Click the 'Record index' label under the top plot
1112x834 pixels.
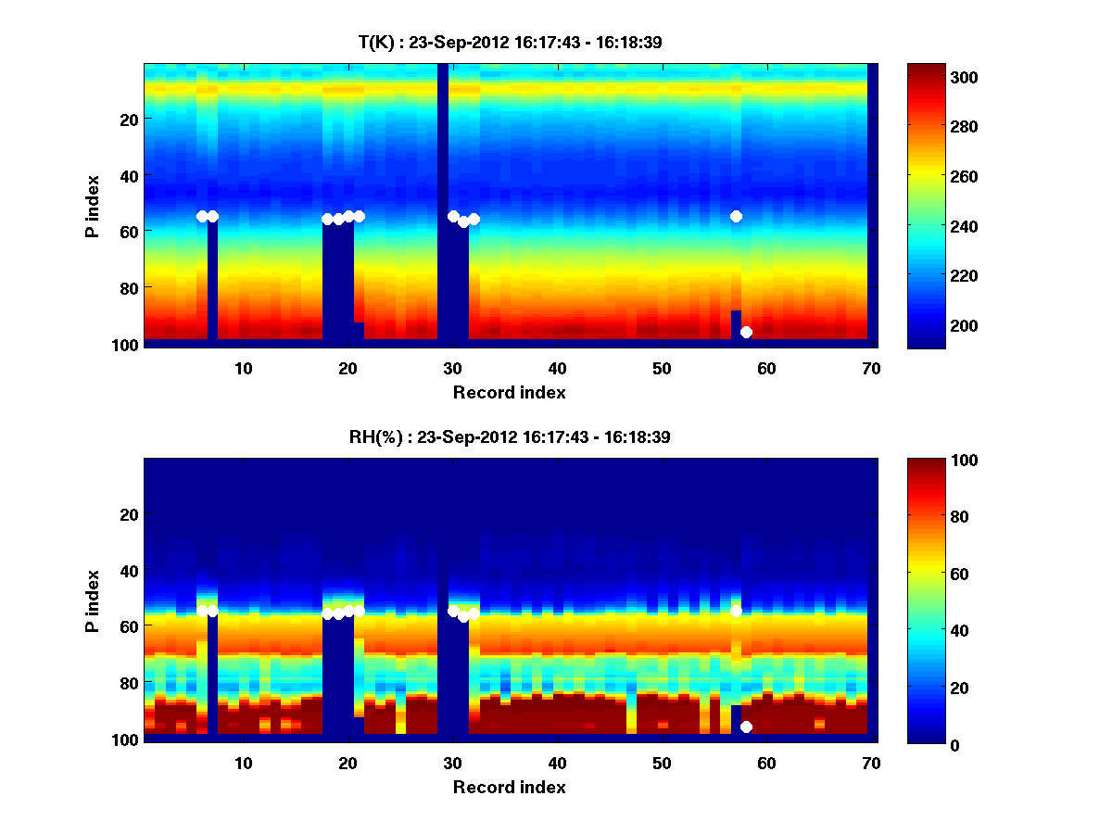click(x=510, y=392)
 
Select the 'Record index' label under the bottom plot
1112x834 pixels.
click(x=510, y=787)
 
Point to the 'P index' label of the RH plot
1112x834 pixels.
click(x=92, y=600)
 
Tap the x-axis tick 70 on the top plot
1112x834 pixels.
click(x=871, y=368)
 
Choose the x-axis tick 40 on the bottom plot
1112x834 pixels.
click(x=557, y=763)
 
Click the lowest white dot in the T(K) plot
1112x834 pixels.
click(x=746, y=332)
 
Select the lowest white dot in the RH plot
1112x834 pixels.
click(x=746, y=727)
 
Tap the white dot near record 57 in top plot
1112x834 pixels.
click(x=736, y=216)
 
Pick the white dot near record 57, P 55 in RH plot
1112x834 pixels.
click(x=736, y=611)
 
